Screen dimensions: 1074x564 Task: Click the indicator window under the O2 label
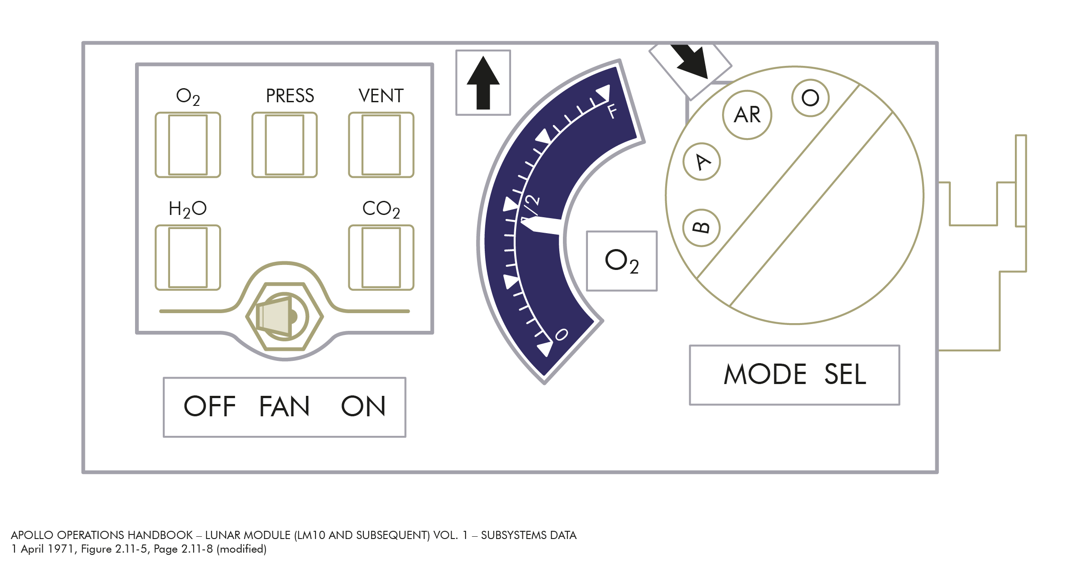pyautogui.click(x=188, y=145)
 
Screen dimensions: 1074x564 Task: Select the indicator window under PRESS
pyautogui.click(x=285, y=145)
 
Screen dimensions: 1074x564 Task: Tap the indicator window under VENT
pyautogui.click(x=381, y=145)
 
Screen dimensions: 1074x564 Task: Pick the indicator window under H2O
pyautogui.click(x=188, y=258)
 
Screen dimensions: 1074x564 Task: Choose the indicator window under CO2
pyautogui.click(x=381, y=258)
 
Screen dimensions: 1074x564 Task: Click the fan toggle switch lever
pyautogui.click(x=275, y=316)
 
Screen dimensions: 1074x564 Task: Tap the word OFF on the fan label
pyautogui.click(x=210, y=406)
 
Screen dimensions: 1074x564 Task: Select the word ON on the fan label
pyautogui.click(x=363, y=406)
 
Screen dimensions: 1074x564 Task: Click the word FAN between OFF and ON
pyautogui.click(x=284, y=406)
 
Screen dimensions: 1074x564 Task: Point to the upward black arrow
pyautogui.click(x=483, y=83)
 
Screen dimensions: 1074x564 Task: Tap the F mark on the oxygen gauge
pyautogui.click(x=612, y=111)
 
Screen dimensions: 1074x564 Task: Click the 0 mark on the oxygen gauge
pyautogui.click(x=562, y=334)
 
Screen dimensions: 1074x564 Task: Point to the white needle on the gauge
pyautogui.click(x=541, y=225)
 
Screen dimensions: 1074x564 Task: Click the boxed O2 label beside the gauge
pyautogui.click(x=622, y=261)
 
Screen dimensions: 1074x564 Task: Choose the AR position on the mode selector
pyautogui.click(x=747, y=115)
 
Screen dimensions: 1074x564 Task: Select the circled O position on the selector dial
pyautogui.click(x=810, y=98)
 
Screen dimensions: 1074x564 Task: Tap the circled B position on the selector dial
pyautogui.click(x=702, y=228)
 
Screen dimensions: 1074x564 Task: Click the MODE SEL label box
pyautogui.click(x=794, y=375)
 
